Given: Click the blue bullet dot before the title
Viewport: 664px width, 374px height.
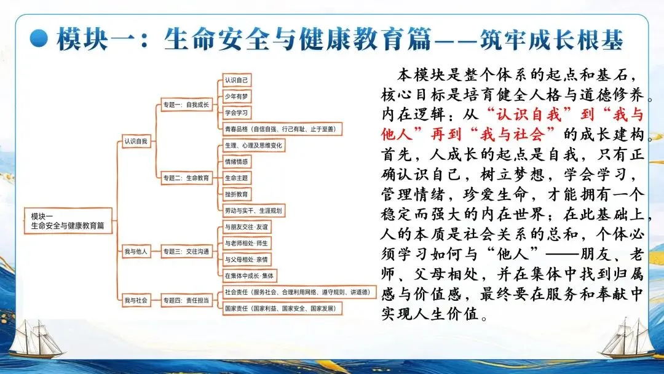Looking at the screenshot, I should click(x=41, y=39).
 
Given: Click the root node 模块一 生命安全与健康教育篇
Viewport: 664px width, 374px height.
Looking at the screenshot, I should click(x=68, y=221).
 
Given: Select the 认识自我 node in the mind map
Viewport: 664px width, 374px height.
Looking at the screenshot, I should click(x=135, y=141).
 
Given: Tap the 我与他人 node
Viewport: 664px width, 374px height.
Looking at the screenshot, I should click(x=135, y=251).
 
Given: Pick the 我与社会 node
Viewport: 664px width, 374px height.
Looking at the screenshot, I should click(x=135, y=300).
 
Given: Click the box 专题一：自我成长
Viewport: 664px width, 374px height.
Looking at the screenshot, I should click(x=186, y=105).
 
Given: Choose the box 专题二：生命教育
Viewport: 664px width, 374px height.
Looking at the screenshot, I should click(x=186, y=178).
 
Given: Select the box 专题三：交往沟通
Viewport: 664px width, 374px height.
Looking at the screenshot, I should click(x=186, y=251).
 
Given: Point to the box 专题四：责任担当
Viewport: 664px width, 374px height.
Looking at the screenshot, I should click(x=186, y=300).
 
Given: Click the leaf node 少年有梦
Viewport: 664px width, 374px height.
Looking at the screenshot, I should click(x=237, y=97).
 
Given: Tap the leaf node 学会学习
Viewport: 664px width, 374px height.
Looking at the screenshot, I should click(x=237, y=113).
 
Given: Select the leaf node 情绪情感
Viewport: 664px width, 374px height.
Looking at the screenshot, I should click(x=237, y=162).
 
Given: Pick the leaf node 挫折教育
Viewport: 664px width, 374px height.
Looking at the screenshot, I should click(x=237, y=194).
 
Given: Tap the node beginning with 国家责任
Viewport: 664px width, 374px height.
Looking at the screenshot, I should click(x=280, y=308).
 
